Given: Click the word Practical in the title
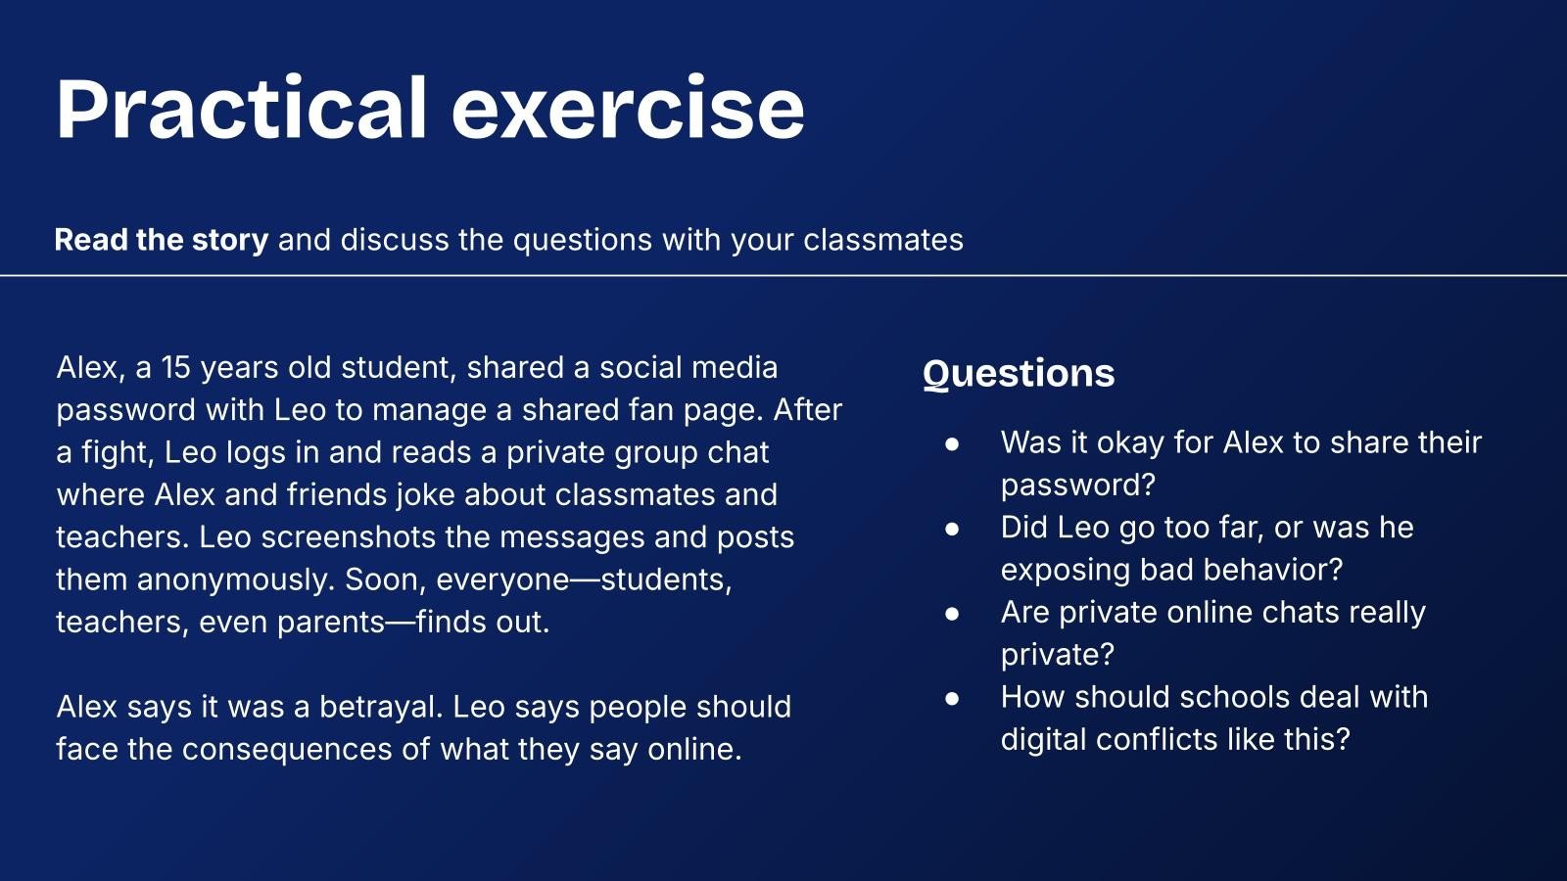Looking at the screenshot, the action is pyautogui.click(x=241, y=109).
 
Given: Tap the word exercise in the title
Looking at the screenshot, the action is pyautogui.click(x=628, y=110).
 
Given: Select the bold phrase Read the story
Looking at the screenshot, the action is pyautogui.click(x=162, y=240).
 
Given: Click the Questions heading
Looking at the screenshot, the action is pyautogui.click(x=1019, y=373).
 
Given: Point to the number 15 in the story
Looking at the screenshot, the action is pyautogui.click(x=176, y=368).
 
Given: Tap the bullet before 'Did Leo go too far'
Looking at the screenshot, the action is pyautogui.click(x=951, y=529).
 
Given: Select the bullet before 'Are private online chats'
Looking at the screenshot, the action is pyautogui.click(x=951, y=614).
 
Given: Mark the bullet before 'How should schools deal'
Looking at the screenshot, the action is pyautogui.click(x=951, y=699).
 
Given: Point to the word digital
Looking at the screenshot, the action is pyautogui.click(x=1043, y=740).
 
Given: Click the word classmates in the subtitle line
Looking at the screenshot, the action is pyautogui.click(x=882, y=240).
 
